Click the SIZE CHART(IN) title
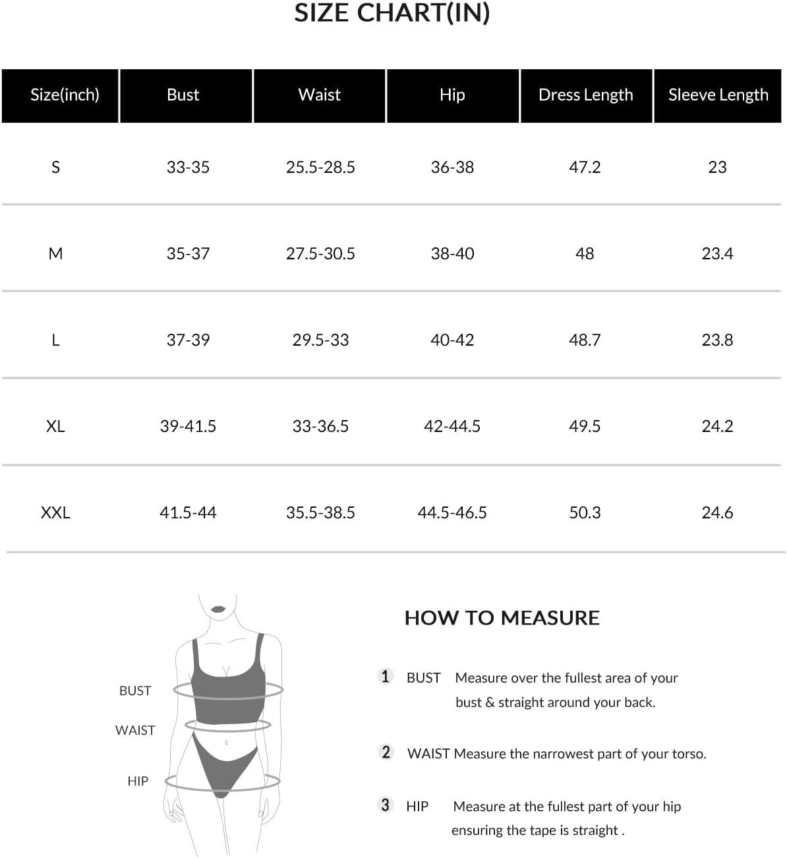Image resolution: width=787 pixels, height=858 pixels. pos(392,13)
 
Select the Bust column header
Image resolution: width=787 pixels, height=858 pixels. pos(183,95)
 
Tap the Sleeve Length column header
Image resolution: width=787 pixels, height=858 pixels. pos(718,95)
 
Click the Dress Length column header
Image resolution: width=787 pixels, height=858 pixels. pos(585,95)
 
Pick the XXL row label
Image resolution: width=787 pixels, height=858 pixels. pos(55,512)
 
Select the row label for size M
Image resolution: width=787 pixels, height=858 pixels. pos(55,253)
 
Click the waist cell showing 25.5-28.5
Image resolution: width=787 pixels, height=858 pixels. pos(320,168)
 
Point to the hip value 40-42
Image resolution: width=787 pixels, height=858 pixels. pos(452,340)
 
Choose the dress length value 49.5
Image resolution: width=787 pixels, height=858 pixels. pos(585,426)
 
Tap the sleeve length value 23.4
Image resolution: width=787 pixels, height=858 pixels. pos(717,253)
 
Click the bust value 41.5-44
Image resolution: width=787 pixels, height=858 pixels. pos(188,512)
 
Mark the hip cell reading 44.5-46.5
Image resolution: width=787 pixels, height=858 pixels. pos(452,512)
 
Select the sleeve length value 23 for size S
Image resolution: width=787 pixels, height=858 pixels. pos(717,168)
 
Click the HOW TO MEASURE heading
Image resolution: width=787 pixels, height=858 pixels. pos(502,618)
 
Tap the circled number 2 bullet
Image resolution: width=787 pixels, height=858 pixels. pos(386,752)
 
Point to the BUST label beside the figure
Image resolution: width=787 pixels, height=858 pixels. pos(135,690)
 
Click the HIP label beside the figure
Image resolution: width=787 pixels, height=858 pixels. pos(138,781)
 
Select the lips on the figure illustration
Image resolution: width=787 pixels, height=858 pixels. pos(218,608)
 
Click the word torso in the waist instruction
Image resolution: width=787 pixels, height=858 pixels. pos(687,754)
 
